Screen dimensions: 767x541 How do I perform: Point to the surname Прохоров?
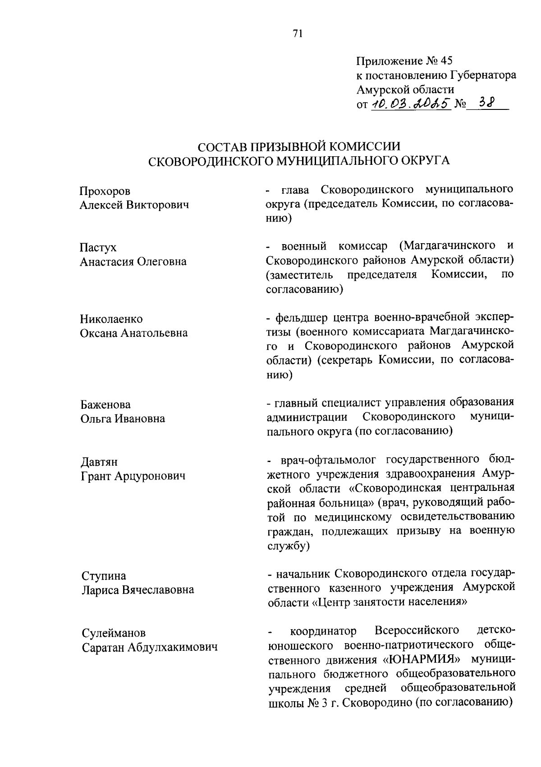click(105, 191)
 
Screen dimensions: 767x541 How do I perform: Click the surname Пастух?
click(98, 248)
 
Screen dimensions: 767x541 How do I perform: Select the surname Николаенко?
click(111, 319)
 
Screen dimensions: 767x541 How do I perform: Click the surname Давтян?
click(99, 462)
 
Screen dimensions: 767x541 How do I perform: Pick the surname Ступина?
click(104, 576)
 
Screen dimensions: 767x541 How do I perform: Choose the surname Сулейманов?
click(114, 633)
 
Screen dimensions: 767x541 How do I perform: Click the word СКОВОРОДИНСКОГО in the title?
click(209, 161)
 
